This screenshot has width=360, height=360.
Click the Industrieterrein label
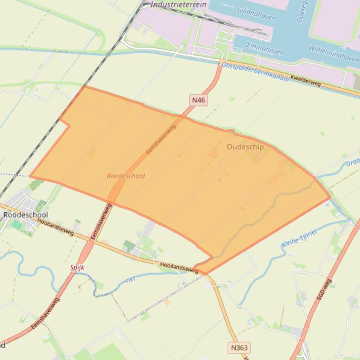[x=178, y=4]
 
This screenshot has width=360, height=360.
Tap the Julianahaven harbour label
[x=257, y=14]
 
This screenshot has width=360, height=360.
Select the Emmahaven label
[x=265, y=49]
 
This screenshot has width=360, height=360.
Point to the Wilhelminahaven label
[x=333, y=53]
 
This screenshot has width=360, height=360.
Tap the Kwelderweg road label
[x=305, y=80]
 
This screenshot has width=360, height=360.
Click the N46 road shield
[x=198, y=100]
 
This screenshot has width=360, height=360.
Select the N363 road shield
[x=239, y=347]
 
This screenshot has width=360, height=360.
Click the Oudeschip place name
[x=245, y=147]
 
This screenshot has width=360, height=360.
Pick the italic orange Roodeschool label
[x=126, y=176]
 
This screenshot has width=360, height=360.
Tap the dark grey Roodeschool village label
[x=25, y=215]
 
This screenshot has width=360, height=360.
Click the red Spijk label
[x=77, y=267]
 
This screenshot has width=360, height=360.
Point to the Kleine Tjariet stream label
[x=299, y=238]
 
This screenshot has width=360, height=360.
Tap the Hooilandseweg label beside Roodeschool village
[x=55, y=227]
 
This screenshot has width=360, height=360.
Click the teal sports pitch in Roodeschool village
[x=17, y=225]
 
